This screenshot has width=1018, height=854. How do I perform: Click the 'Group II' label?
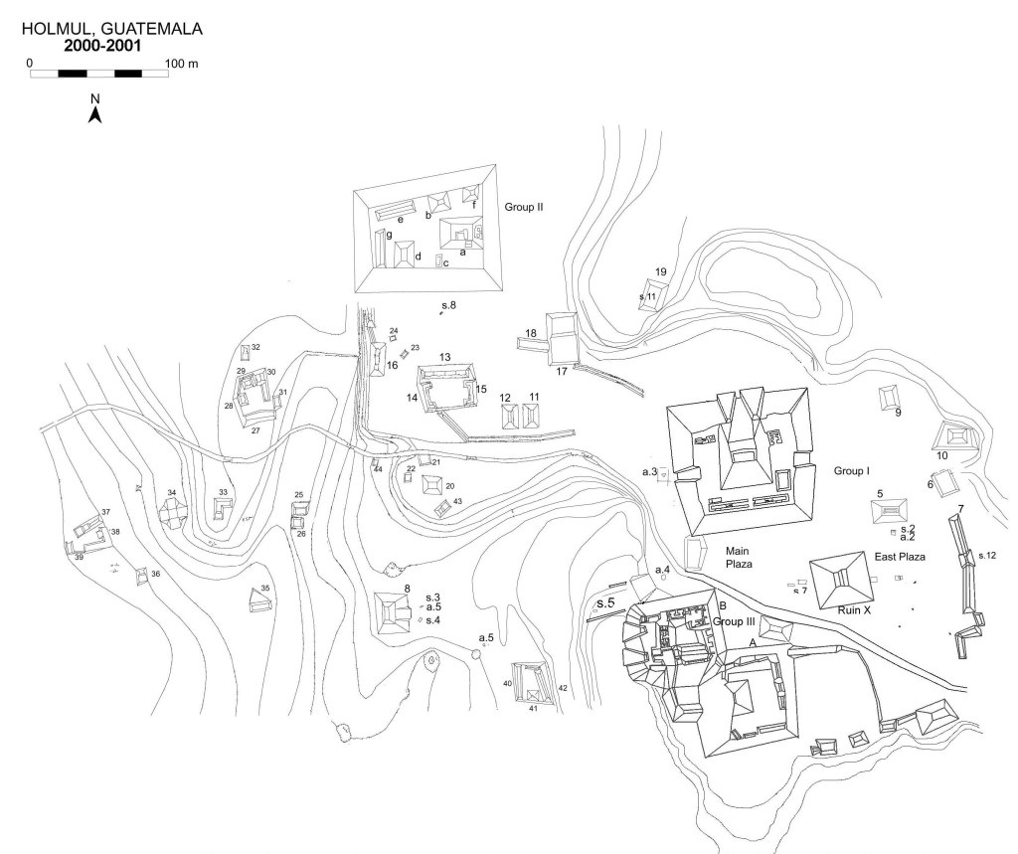pyautogui.click(x=527, y=208)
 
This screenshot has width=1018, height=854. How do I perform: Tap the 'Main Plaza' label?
pyautogui.click(x=737, y=556)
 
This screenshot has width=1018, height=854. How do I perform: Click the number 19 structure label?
pyautogui.click(x=660, y=271)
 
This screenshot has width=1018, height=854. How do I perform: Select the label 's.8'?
pyautogui.click(x=449, y=304)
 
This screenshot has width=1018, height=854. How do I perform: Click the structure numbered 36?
pyautogui.click(x=142, y=574)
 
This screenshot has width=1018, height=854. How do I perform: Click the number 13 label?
pyautogui.click(x=445, y=357)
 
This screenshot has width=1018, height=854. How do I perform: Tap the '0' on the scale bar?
pyautogui.click(x=30, y=63)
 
